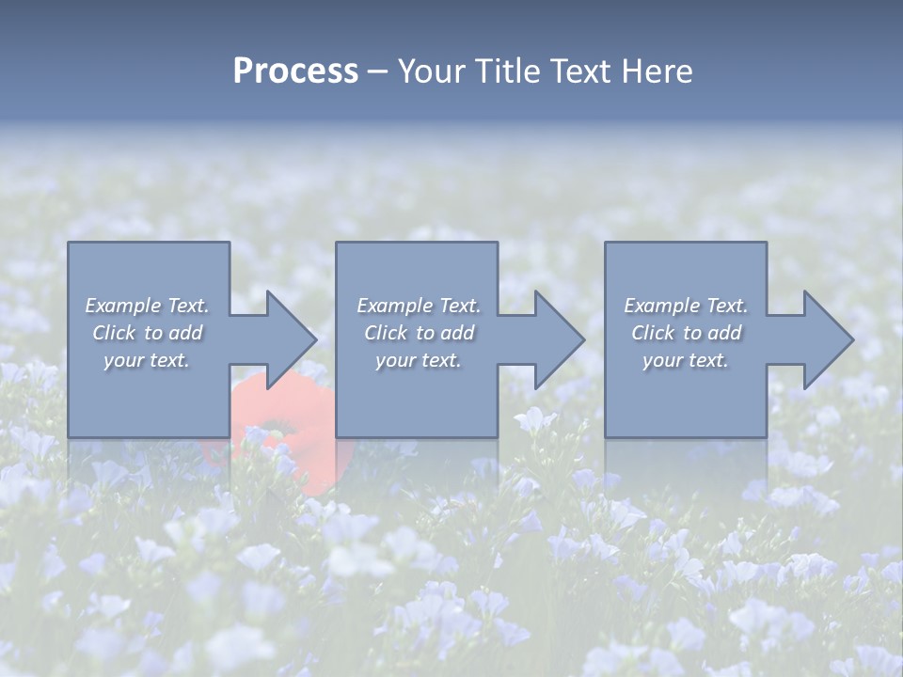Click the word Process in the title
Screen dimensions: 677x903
295,71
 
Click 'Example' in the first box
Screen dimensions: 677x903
122,306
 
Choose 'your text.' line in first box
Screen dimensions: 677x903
147,360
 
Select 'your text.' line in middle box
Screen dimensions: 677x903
418,360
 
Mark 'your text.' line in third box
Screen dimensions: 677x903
685,360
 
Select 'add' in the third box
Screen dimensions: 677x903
724,333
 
